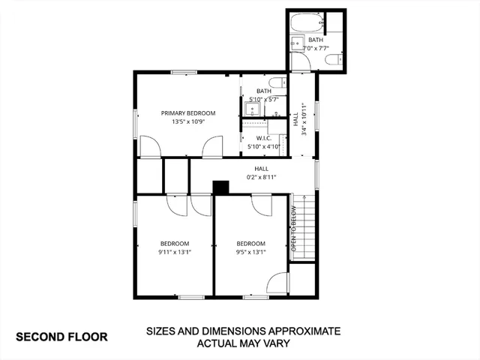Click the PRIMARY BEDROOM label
tap(188, 113)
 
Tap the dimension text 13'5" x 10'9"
tap(188, 121)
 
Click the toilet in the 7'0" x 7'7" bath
tap(338, 58)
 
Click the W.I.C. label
tap(263, 138)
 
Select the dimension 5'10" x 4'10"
tap(263, 147)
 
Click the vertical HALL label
tap(295, 120)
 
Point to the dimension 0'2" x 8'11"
tap(262, 177)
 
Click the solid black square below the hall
tap(220, 187)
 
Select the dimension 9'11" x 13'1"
tap(175, 252)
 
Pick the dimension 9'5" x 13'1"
tap(251, 252)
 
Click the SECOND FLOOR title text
tap(61, 337)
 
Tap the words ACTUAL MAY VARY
tap(244, 344)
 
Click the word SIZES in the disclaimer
tap(162, 331)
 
